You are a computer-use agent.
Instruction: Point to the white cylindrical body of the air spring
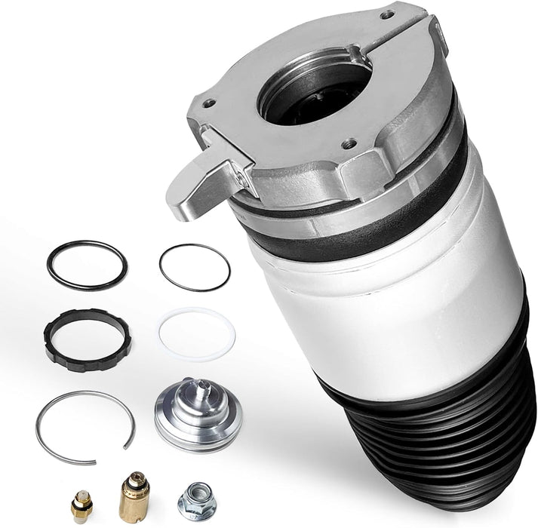392,302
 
